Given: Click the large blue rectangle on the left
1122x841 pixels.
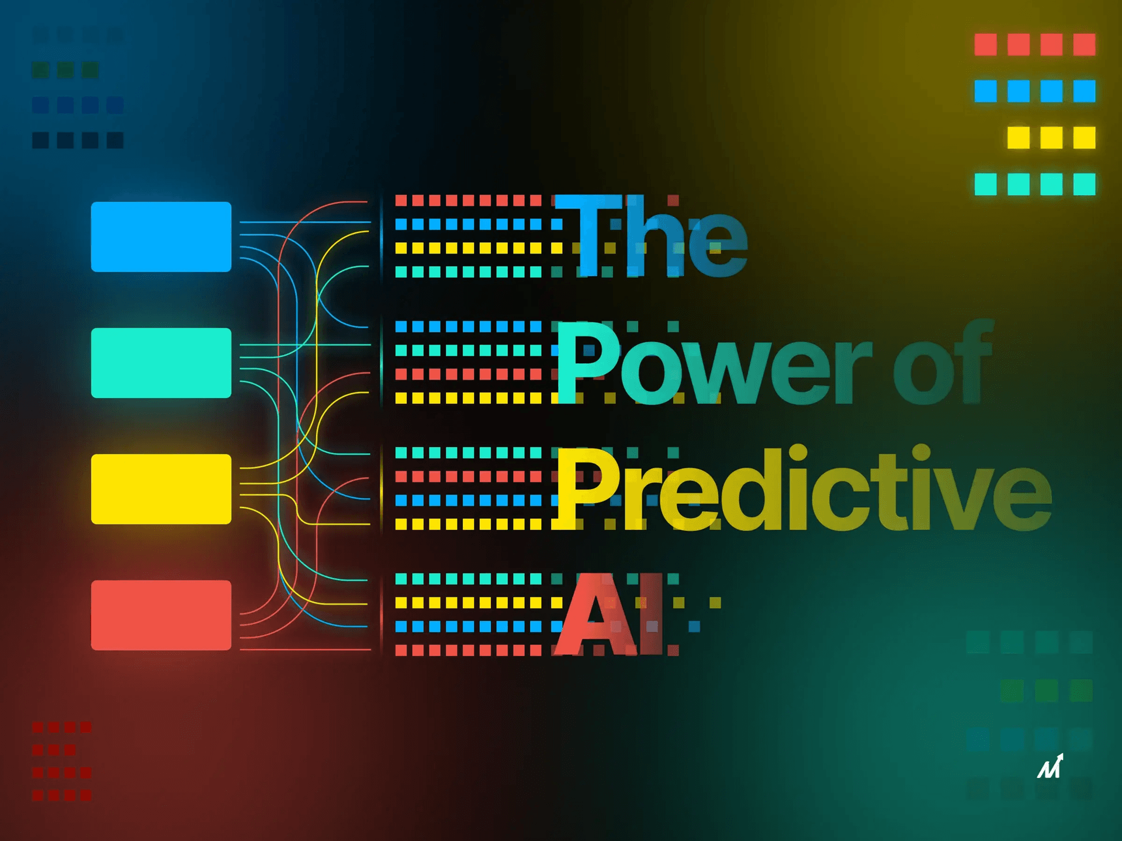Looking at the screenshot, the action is click(161, 237).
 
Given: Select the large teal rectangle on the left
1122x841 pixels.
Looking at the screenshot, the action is click(161, 363).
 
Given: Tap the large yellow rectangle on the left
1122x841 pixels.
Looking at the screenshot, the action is click(161, 489).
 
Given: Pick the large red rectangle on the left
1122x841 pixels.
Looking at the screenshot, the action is click(161, 615).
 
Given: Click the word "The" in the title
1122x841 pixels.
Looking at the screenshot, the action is click(651, 236).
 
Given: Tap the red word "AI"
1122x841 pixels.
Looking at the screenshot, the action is click(608, 614).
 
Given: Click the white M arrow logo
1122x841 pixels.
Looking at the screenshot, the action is click(1050, 766).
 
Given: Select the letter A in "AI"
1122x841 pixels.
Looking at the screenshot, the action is click(593, 614).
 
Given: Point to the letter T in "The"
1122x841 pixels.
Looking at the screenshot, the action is click(587, 235).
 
